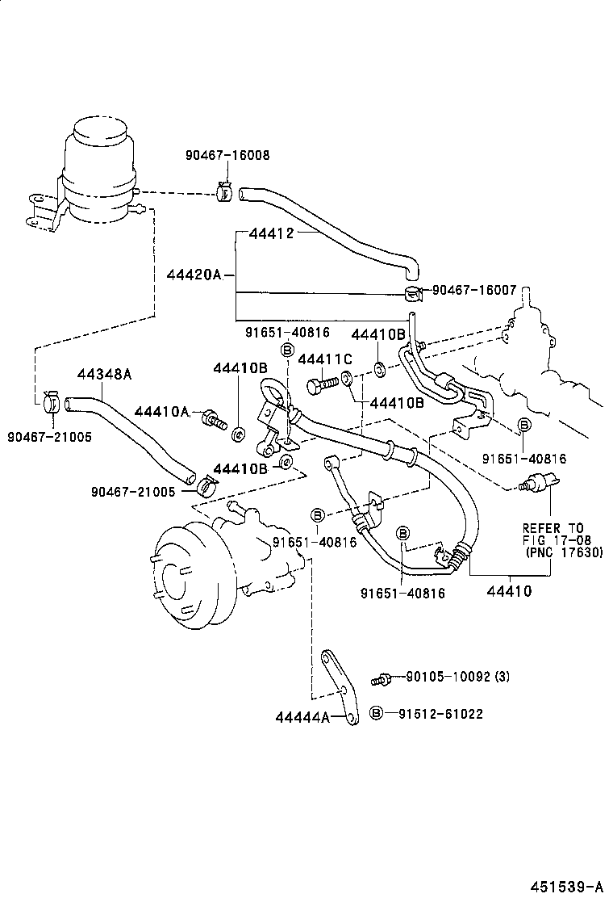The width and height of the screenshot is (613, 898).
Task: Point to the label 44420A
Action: click(x=194, y=275)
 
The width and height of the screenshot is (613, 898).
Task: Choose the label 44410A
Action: click(x=161, y=412)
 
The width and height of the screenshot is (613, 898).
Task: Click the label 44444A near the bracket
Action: click(x=302, y=716)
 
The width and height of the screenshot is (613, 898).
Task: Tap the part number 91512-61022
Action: click(x=440, y=713)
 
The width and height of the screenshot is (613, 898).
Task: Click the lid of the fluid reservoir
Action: click(x=98, y=131)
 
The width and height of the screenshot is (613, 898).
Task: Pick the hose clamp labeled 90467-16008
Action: click(x=225, y=191)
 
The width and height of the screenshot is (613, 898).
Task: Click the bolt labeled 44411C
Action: click(x=318, y=386)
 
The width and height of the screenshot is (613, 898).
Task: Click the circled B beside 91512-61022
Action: click(x=376, y=713)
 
